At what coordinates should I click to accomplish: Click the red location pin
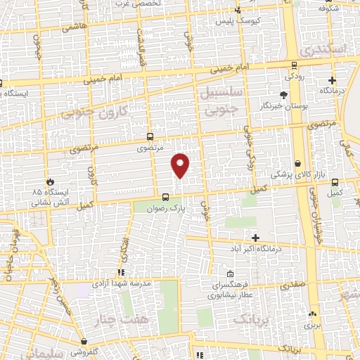[x=181, y=165]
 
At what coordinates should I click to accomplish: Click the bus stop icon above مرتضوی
[x=149, y=136]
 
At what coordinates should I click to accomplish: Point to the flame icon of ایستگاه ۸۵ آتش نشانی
[x=49, y=180]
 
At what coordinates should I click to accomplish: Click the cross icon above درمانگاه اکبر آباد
[x=255, y=238]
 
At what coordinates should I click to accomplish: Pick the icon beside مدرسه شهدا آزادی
[x=121, y=271]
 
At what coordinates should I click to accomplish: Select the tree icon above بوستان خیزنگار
[x=283, y=94]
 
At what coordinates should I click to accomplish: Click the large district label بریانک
[x=250, y=320]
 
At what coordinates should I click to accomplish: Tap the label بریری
[x=312, y=326]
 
